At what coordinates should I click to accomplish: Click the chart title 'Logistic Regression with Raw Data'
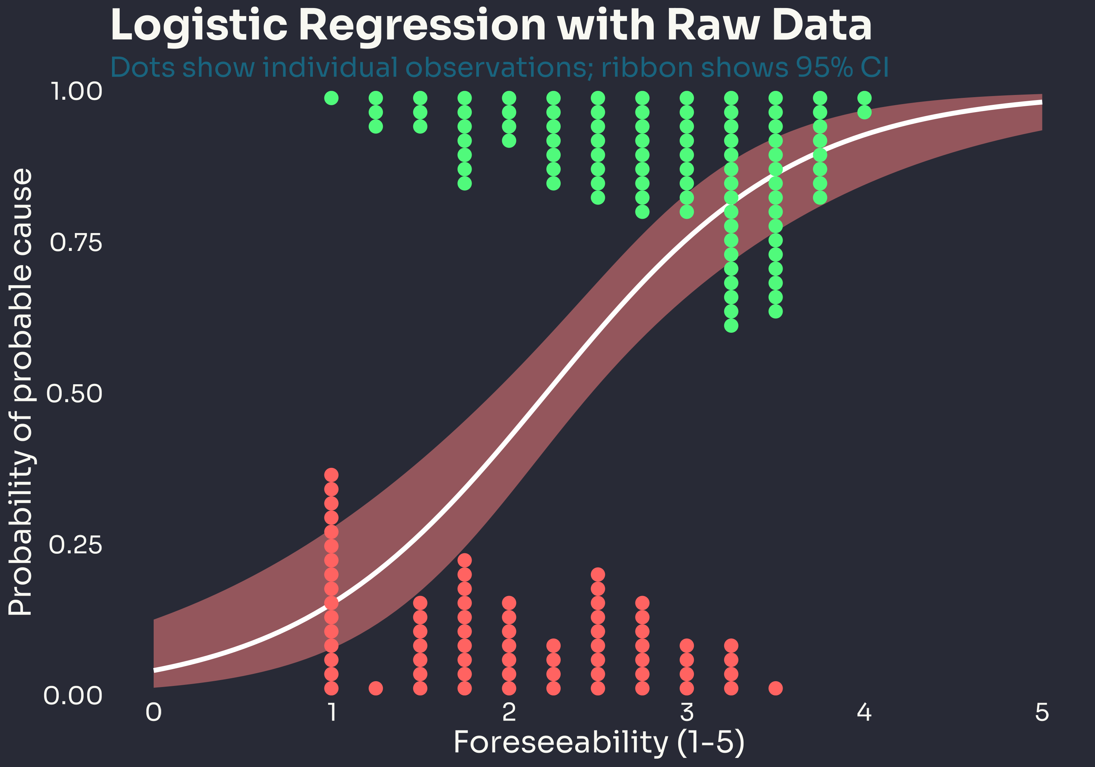[490, 26]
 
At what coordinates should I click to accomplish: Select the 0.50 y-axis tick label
[74, 394]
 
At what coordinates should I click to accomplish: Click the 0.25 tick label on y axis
[75, 545]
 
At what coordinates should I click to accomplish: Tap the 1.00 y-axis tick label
[76, 92]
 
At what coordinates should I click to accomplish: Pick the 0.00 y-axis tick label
[73, 696]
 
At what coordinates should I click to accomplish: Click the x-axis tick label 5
[1042, 713]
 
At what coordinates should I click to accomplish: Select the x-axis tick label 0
[154, 713]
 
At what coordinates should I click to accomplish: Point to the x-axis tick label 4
[864, 713]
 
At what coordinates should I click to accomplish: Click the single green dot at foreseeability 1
[331, 98]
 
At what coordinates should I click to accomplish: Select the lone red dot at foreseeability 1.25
[376, 688]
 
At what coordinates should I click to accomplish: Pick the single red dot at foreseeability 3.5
[776, 688]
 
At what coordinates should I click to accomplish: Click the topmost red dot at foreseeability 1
[331, 475]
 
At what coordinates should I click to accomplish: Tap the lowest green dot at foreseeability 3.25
[731, 325]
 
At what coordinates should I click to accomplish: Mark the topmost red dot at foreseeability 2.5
[598, 574]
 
